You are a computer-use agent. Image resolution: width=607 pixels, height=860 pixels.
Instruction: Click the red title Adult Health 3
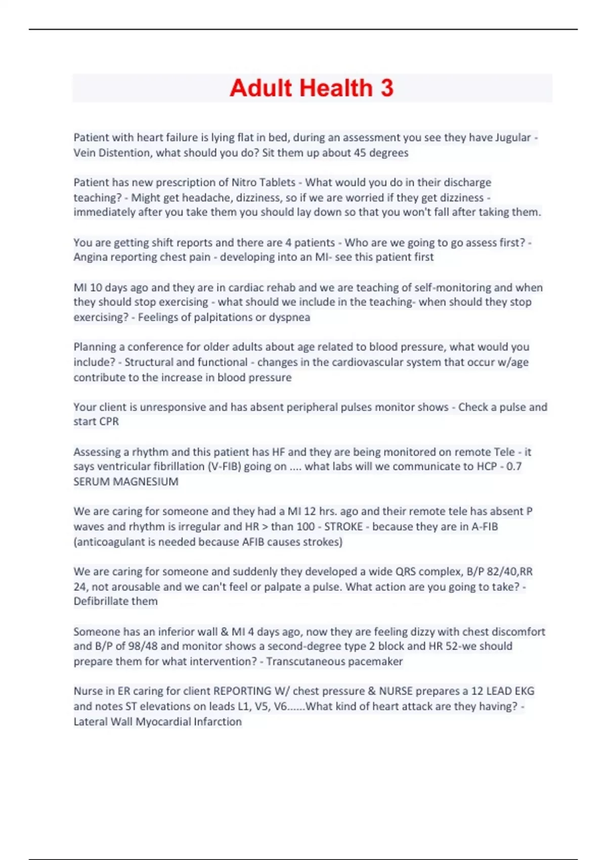pos(311,88)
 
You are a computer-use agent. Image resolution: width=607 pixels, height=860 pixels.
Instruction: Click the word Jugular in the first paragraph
pos(513,138)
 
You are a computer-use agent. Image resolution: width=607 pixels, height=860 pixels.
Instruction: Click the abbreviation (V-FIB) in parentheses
pos(225,466)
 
